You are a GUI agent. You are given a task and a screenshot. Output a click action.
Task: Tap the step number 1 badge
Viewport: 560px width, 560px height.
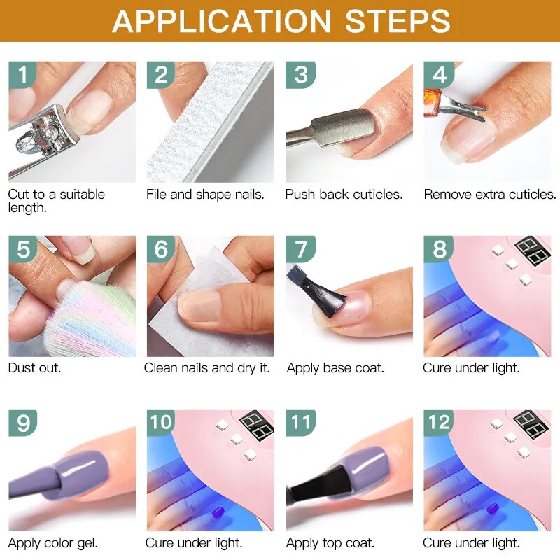[22, 75]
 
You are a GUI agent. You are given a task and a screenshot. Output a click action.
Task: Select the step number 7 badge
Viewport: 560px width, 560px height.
[300, 249]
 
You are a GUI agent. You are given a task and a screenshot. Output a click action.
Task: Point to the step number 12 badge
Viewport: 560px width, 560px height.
[439, 423]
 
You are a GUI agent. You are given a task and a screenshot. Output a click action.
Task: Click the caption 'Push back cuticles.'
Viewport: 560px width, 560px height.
[344, 195]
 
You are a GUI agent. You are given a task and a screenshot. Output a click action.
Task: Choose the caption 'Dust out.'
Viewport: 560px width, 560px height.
[34, 368]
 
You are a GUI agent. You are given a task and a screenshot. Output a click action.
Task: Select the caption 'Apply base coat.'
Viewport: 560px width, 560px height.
[335, 368]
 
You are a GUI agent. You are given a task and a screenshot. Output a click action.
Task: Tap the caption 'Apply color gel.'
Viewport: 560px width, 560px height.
[52, 542]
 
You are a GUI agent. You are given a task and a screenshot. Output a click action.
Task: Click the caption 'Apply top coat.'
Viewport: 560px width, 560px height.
[330, 542]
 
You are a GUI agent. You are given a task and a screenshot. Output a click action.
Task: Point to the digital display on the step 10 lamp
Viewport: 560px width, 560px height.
[256, 425]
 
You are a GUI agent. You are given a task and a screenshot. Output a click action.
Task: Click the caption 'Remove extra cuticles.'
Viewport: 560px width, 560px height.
[489, 195]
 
